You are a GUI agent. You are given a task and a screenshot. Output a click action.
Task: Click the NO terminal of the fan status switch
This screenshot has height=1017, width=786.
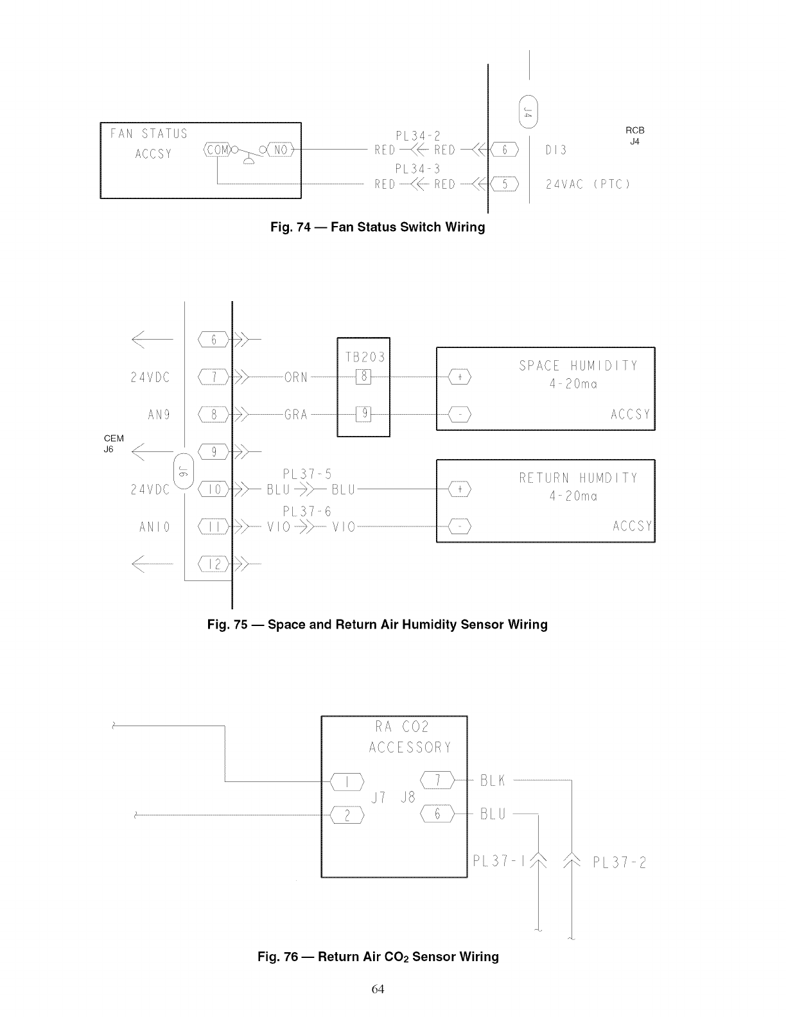pos(280,150)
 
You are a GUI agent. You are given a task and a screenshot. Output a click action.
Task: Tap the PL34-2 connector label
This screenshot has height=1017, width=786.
pos(418,135)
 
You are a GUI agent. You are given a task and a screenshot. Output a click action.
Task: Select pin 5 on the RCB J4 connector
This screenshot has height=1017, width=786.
pos(505,185)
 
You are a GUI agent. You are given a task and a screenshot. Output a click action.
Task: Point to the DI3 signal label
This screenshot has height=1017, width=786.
pos(556,150)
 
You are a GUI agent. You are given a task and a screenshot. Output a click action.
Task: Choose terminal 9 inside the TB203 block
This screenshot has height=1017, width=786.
pos(363,414)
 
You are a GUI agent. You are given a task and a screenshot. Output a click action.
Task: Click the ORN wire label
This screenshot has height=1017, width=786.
pos(296,378)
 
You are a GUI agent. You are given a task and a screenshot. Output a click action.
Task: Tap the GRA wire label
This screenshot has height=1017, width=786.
pos(296,415)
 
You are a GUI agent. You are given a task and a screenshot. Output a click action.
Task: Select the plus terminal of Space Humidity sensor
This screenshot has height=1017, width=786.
pos(460,378)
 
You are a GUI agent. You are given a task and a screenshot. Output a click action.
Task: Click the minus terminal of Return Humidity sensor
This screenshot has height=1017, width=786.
pos(460,527)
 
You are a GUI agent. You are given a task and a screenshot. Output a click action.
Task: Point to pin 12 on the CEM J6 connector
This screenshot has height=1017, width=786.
pos(214,564)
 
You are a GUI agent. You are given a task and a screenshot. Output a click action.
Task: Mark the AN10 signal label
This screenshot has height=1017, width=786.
pos(155,528)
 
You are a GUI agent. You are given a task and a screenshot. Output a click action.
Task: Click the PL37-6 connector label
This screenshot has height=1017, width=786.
pos(307,512)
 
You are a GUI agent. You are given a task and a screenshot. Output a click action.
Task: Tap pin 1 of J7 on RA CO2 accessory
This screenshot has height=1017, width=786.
pos(347,781)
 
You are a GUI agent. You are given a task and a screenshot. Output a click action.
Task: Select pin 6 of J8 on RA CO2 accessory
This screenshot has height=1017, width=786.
pos(437,815)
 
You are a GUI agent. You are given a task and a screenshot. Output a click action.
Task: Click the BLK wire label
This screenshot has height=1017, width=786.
pos(493,781)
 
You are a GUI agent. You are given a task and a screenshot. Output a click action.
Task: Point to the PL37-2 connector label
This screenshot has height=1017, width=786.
pos(619,862)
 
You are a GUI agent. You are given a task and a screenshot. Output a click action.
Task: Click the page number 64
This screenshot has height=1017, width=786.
pos(378,989)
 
